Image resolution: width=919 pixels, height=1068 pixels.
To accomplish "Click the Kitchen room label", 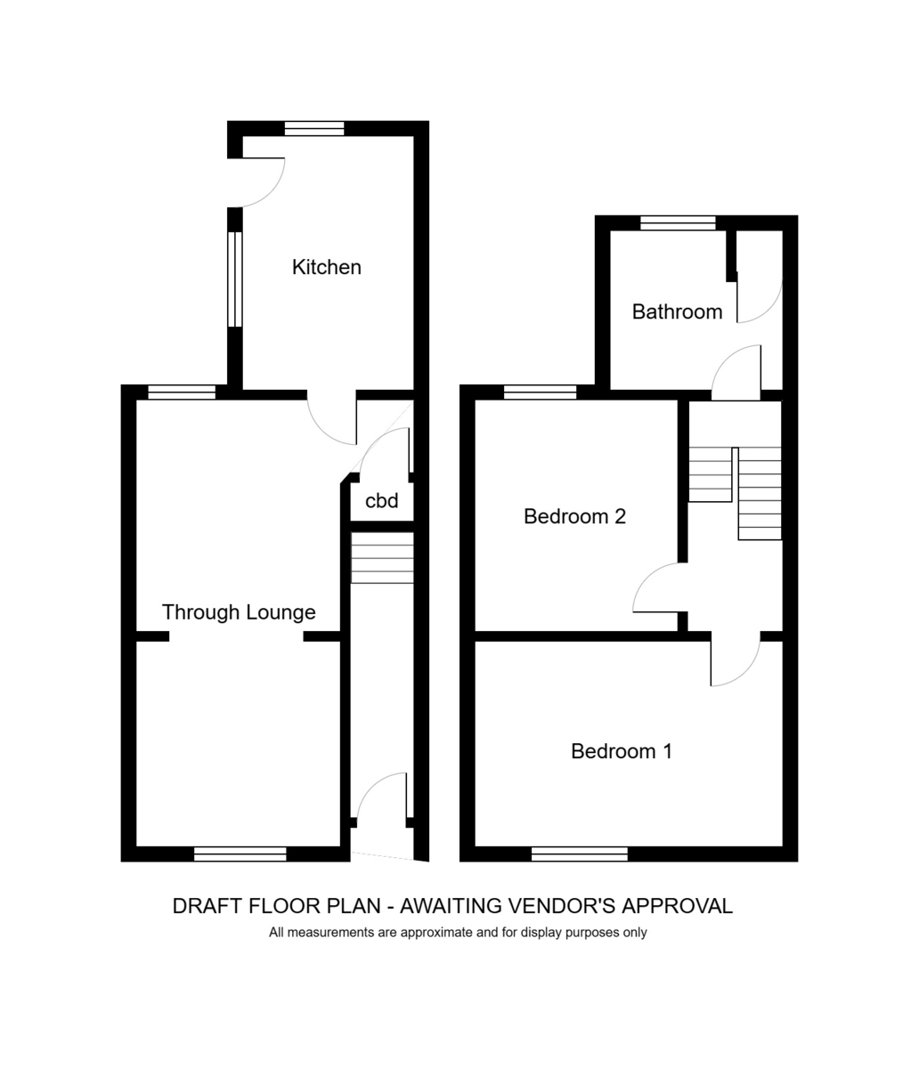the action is pos(326,267).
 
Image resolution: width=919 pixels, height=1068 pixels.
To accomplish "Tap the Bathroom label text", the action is pos(677,311).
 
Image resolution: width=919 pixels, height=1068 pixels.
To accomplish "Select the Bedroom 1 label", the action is pos(622,751).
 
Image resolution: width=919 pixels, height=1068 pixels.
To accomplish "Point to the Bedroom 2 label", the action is pos(574,516).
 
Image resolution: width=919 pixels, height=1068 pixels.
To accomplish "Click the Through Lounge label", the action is pos(239,612).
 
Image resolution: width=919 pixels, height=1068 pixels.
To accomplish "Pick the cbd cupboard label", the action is pos(381,500).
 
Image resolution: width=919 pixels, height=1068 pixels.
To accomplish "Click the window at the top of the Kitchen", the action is pos(314,129).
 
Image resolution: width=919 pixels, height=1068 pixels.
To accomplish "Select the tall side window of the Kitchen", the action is pos(235,279).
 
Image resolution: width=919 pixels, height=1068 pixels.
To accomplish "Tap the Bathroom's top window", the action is pos(679,222).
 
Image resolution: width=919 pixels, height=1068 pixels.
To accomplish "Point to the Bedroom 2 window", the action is pos(541,392).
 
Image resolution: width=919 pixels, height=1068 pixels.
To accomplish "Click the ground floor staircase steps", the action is pos(383,558).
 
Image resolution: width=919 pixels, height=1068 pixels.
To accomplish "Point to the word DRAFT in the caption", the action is pos(207,906).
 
